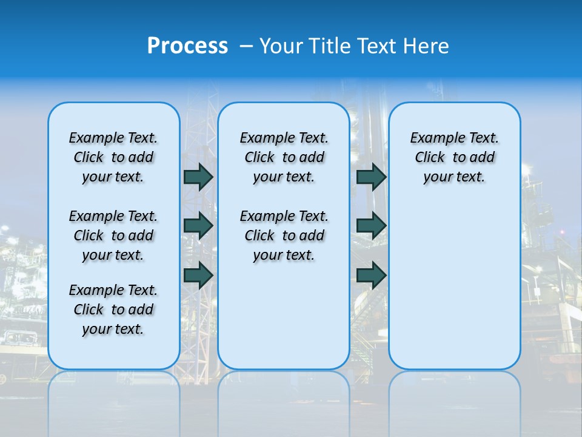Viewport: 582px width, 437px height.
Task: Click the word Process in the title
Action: tap(187, 46)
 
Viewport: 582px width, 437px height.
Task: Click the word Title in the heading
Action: tap(330, 46)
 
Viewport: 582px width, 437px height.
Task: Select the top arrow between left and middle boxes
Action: tap(198, 177)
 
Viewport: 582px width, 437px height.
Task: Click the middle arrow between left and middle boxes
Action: tap(198, 226)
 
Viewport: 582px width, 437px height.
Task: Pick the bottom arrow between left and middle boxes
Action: tap(198, 276)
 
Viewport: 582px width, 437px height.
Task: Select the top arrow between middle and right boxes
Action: tap(371, 177)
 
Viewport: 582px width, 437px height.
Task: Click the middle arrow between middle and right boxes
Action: tap(371, 226)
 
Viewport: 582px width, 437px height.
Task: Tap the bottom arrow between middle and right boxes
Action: tap(371, 276)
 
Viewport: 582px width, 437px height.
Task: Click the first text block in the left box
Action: tap(113, 157)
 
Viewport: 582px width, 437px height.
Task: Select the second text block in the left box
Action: tap(113, 235)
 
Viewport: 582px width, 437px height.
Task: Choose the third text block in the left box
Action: tap(113, 310)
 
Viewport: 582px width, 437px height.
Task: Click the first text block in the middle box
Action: tap(284, 157)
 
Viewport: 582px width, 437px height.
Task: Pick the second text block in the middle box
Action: tap(284, 235)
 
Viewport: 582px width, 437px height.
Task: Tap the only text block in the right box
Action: tap(454, 157)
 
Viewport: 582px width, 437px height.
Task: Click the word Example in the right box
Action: tap(432, 138)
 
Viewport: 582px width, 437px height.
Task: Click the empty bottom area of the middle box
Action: tap(284, 322)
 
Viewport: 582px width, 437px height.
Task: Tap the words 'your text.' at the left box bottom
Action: tap(113, 329)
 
